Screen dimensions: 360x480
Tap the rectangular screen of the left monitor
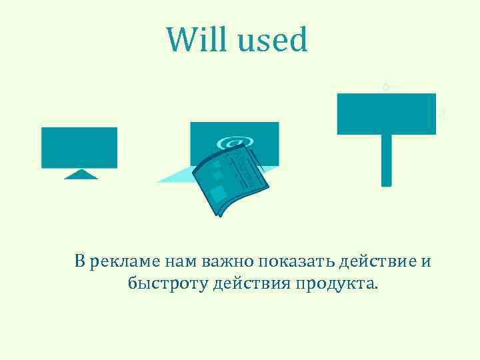[x=79, y=147]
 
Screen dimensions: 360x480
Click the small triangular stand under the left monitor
[x=80, y=175]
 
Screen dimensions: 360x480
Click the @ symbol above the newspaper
[x=233, y=143]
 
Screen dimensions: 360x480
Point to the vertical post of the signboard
[x=386, y=160]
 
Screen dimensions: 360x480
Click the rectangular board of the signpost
[x=386, y=114]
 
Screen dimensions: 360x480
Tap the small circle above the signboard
[x=385, y=87]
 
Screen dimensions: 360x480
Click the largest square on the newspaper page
[x=218, y=195]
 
